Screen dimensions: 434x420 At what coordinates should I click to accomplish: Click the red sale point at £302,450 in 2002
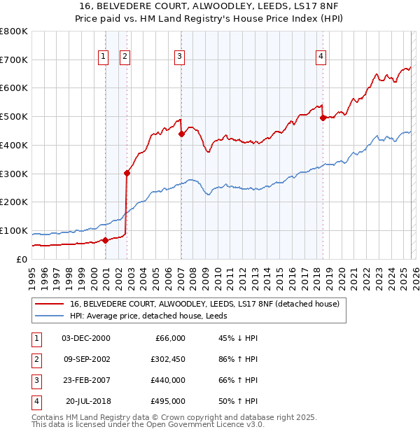tap(127, 173)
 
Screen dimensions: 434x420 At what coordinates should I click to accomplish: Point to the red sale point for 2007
tap(181, 134)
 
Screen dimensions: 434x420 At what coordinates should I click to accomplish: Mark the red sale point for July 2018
tap(323, 118)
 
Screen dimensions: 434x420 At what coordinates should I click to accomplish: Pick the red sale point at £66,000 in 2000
tap(106, 240)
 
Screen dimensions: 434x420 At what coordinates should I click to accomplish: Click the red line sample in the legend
tap(49, 304)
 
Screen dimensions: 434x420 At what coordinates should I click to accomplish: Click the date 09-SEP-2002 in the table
tap(86, 359)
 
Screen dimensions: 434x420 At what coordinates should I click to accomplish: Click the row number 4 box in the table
tap(35, 401)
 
